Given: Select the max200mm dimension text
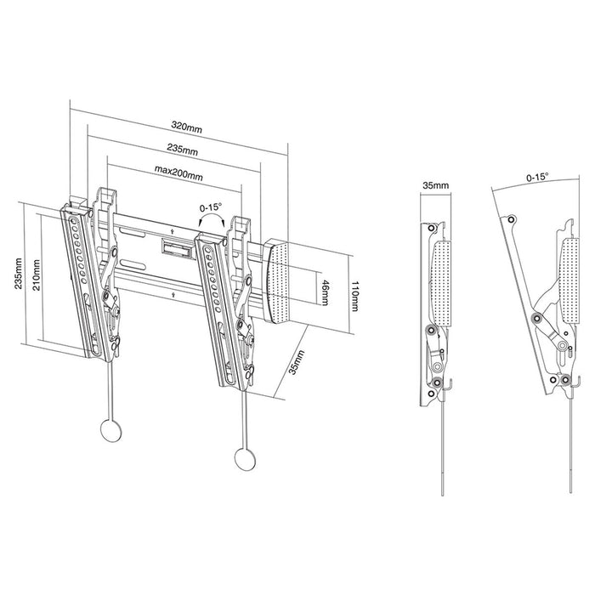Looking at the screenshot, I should pos(178,176).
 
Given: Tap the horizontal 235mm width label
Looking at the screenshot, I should pos(182,150).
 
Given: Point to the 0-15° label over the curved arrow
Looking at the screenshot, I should pos(210,207).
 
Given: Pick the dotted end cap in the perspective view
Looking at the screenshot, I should pos(285,280).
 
